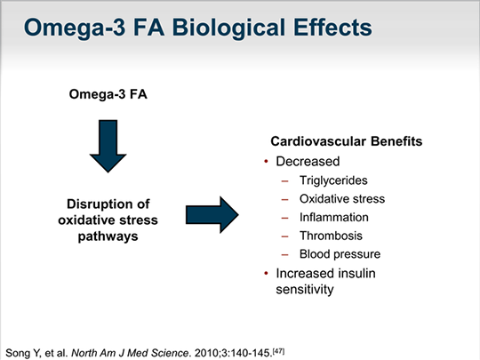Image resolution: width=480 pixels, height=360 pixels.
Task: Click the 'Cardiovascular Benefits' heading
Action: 339,142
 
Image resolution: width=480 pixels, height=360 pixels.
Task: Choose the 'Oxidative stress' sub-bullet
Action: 345,198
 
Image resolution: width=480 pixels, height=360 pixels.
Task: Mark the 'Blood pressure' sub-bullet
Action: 341,254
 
